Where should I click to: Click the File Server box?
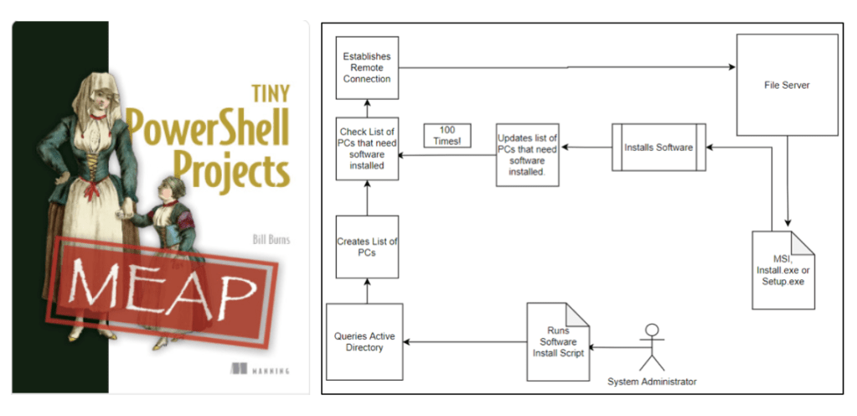pyautogui.click(x=787, y=85)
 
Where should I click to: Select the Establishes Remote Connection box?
pyautogui.click(x=366, y=67)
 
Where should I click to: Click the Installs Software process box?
pyautogui.click(x=658, y=148)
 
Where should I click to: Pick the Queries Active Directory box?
pyautogui.click(x=365, y=342)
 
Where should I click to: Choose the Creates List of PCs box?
pyautogui.click(x=366, y=247)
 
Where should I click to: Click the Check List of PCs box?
pyautogui.click(x=366, y=148)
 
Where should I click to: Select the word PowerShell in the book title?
pyautogui.click(x=208, y=127)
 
